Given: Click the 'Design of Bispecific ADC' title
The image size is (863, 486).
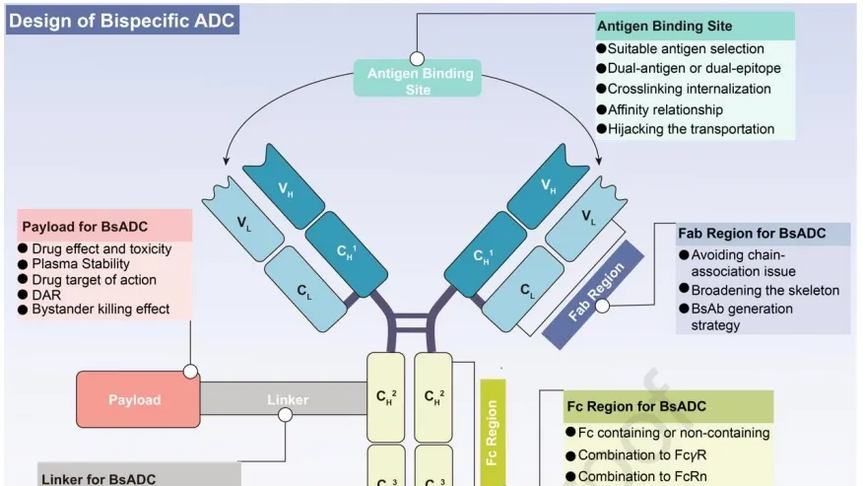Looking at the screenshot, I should pyautogui.click(x=122, y=21).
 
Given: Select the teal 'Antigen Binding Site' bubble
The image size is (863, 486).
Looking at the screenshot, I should pyautogui.click(x=420, y=81).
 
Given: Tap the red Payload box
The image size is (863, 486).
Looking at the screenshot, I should pyautogui.click(x=134, y=400).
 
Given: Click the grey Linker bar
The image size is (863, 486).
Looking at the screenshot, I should pyautogui.click(x=287, y=400).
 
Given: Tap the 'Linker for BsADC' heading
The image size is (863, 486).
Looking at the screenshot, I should pyautogui.click(x=99, y=479).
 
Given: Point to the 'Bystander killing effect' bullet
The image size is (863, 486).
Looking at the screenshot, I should pyautogui.click(x=100, y=309).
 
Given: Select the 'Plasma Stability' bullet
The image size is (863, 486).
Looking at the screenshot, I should pyautogui.click(x=81, y=264).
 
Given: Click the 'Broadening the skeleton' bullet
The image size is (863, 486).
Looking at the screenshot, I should pyautogui.click(x=758, y=290).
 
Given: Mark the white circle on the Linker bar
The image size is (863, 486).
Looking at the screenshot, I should pyautogui.click(x=287, y=415).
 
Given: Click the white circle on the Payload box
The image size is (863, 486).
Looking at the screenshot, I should pyautogui.click(x=190, y=372).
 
